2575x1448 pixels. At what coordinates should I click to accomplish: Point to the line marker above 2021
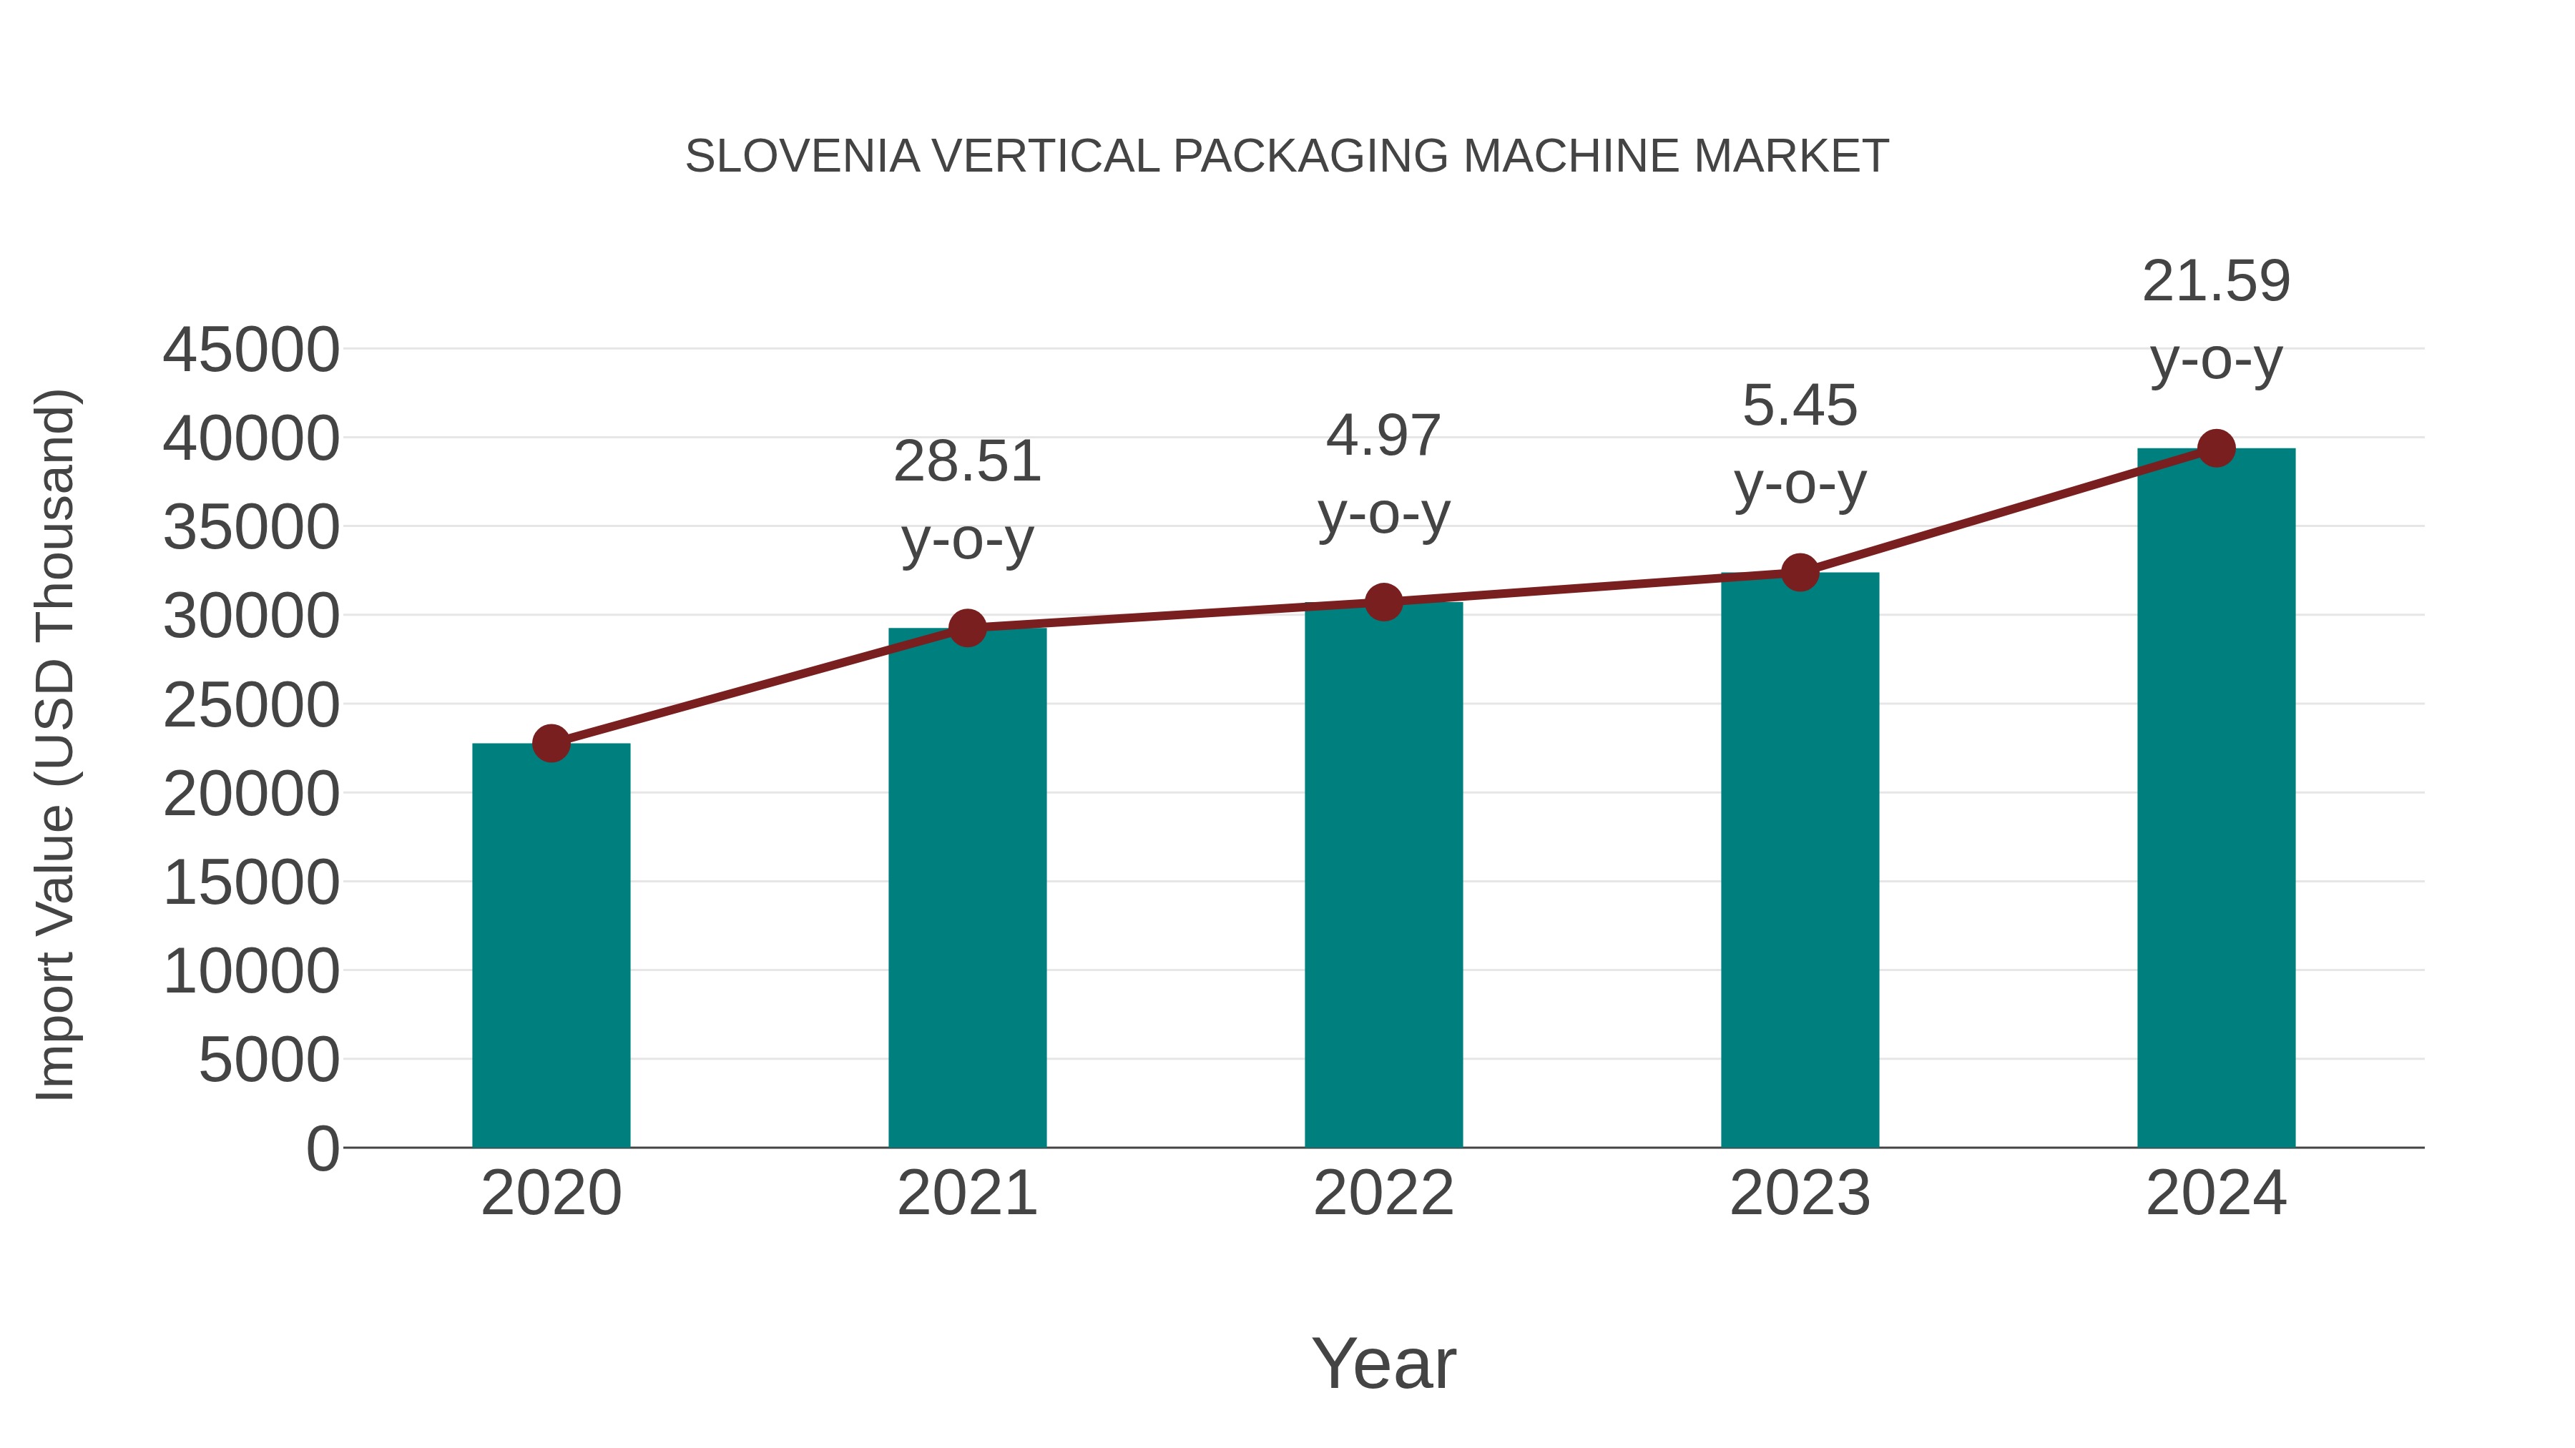coord(968,628)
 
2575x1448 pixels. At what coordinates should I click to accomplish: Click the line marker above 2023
coord(1800,573)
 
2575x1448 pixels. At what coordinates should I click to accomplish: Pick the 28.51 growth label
coord(968,462)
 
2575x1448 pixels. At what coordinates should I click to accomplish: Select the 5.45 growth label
coord(1800,405)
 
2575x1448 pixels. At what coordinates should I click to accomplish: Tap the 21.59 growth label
coord(2216,281)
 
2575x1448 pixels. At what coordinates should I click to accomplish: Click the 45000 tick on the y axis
coord(251,351)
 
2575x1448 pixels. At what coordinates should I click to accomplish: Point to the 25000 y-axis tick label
coord(251,706)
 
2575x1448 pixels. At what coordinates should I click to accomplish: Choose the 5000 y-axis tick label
coord(269,1060)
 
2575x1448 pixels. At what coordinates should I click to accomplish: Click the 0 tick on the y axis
coord(323,1148)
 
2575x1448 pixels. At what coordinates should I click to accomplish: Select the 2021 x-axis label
coord(968,1193)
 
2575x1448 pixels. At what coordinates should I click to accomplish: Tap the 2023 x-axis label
coord(1800,1193)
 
